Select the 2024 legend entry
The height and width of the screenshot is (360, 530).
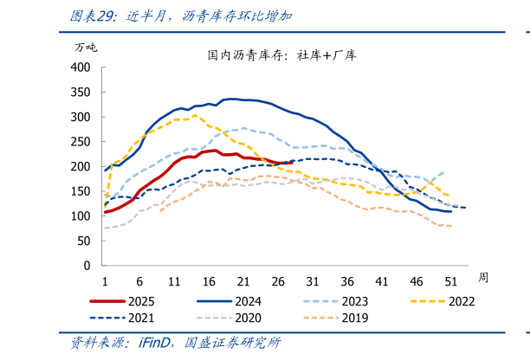point(245,302)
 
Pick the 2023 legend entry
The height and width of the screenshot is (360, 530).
point(352,302)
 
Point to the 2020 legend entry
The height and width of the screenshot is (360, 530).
point(245,318)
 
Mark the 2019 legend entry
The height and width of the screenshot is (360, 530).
point(352,318)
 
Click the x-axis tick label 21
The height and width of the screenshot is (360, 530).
point(243,280)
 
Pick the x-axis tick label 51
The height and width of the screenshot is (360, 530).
point(451,280)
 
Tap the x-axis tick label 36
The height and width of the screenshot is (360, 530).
point(347,280)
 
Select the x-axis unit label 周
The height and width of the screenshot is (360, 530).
point(483,277)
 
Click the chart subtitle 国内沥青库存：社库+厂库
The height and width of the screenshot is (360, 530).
point(281,55)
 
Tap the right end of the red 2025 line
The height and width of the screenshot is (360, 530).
point(291,161)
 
